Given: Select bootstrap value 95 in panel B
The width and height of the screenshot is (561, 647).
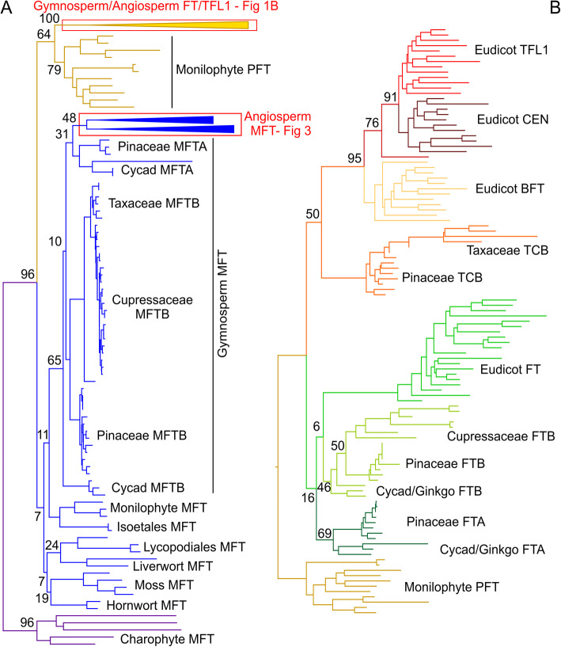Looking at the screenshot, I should (x=353, y=158).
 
